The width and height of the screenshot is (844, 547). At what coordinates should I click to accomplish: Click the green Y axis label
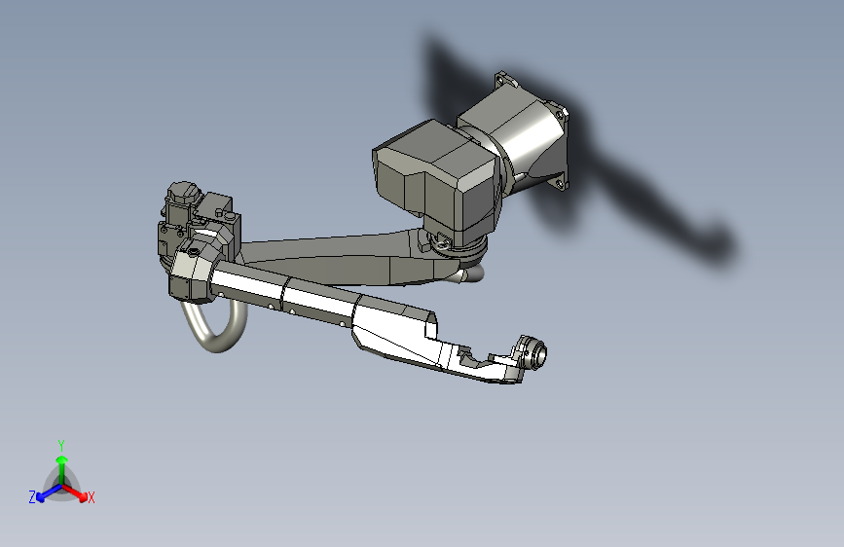[x=61, y=443]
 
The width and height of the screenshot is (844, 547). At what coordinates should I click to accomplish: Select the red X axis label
[x=92, y=497]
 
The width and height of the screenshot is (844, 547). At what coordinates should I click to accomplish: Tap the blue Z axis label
[x=32, y=496]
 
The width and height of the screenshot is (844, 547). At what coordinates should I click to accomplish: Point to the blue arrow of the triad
[x=45, y=492]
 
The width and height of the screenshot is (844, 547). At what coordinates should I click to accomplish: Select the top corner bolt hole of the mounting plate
[x=501, y=75]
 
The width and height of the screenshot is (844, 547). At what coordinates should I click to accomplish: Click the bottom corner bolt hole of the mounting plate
[x=560, y=182]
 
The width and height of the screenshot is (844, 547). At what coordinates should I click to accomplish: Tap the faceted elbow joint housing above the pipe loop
[x=193, y=272]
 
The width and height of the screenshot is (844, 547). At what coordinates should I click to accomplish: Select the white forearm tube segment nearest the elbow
[x=248, y=289]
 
